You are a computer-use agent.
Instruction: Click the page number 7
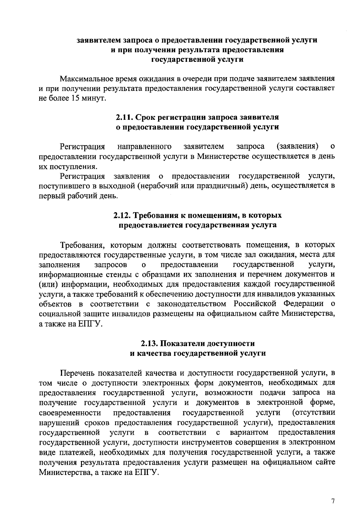click(333, 493)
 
